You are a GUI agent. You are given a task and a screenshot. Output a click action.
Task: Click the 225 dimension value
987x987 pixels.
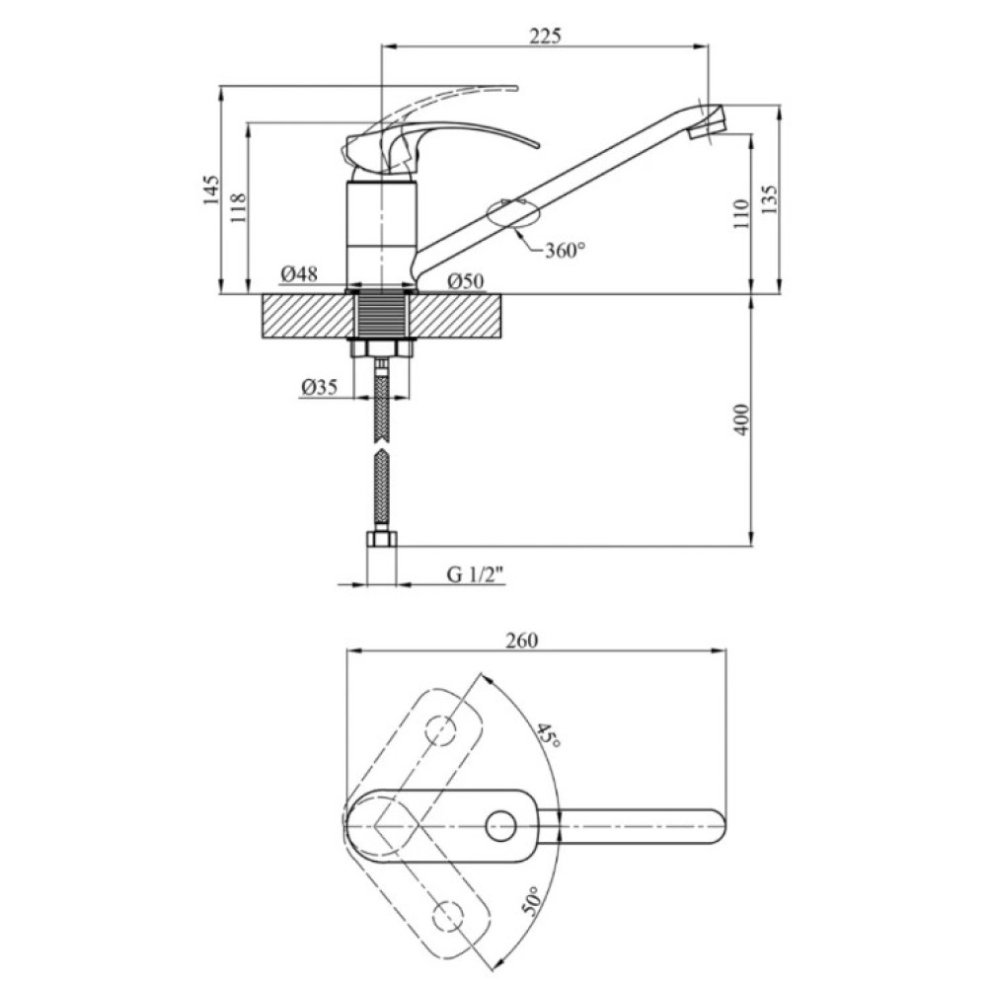coord(545,36)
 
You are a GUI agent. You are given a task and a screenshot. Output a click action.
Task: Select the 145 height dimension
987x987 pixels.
coord(211,190)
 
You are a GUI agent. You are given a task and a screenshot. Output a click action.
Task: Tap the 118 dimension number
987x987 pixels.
coord(239,207)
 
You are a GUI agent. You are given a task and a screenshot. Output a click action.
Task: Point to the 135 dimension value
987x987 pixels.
coord(769,199)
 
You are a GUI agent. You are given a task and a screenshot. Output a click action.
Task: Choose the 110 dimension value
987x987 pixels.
coord(741,213)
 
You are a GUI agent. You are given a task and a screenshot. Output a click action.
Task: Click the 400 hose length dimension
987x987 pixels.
coord(742,419)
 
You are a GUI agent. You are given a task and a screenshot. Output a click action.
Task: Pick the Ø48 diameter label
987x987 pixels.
coord(299,273)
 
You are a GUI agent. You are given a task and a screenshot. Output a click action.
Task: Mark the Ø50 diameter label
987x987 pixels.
coord(466,281)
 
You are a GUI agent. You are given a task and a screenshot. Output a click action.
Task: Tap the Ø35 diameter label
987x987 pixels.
coord(319,386)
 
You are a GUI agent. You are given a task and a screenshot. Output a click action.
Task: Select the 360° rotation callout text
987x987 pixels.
coord(565,251)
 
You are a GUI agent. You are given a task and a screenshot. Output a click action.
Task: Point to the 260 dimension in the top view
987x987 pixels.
coord(522,641)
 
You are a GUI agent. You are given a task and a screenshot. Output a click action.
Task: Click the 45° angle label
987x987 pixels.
coord(548,734)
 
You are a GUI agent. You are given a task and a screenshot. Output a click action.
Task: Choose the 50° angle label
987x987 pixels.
coord(531,901)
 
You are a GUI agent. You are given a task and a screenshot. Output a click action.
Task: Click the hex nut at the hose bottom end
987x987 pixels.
coord(381,540)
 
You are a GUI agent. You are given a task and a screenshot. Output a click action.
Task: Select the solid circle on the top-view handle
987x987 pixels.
coord(501,826)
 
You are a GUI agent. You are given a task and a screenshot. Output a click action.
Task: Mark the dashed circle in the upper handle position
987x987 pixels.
coord(441,730)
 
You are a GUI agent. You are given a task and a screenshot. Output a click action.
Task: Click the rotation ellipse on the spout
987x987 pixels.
coord(513,213)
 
